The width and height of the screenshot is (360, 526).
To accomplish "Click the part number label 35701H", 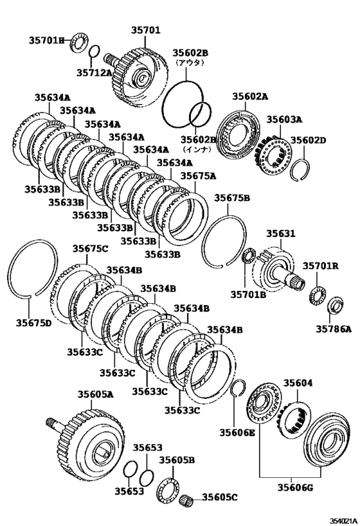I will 46,40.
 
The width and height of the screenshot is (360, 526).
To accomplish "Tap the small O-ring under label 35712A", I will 94,51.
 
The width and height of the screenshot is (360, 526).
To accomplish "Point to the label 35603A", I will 285,119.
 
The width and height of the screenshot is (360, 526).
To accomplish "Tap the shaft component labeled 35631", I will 277,268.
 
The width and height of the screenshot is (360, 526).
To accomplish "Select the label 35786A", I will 333,329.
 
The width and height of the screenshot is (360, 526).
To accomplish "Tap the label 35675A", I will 198,175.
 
